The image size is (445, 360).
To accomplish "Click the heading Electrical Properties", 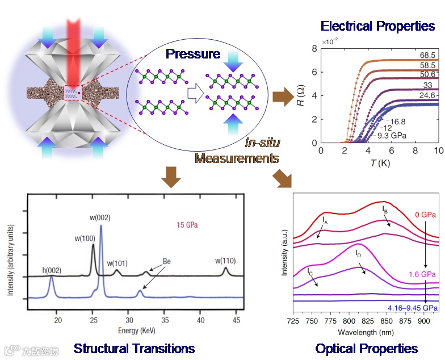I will [x=377, y=26].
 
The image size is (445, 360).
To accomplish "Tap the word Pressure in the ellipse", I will [x=192, y=55].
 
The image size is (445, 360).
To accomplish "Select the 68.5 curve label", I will [x=427, y=55].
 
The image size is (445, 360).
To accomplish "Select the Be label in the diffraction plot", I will [x=167, y=261].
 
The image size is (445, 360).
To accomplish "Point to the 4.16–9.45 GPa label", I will [x=413, y=307].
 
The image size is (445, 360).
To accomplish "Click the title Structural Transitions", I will [x=134, y=348].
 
